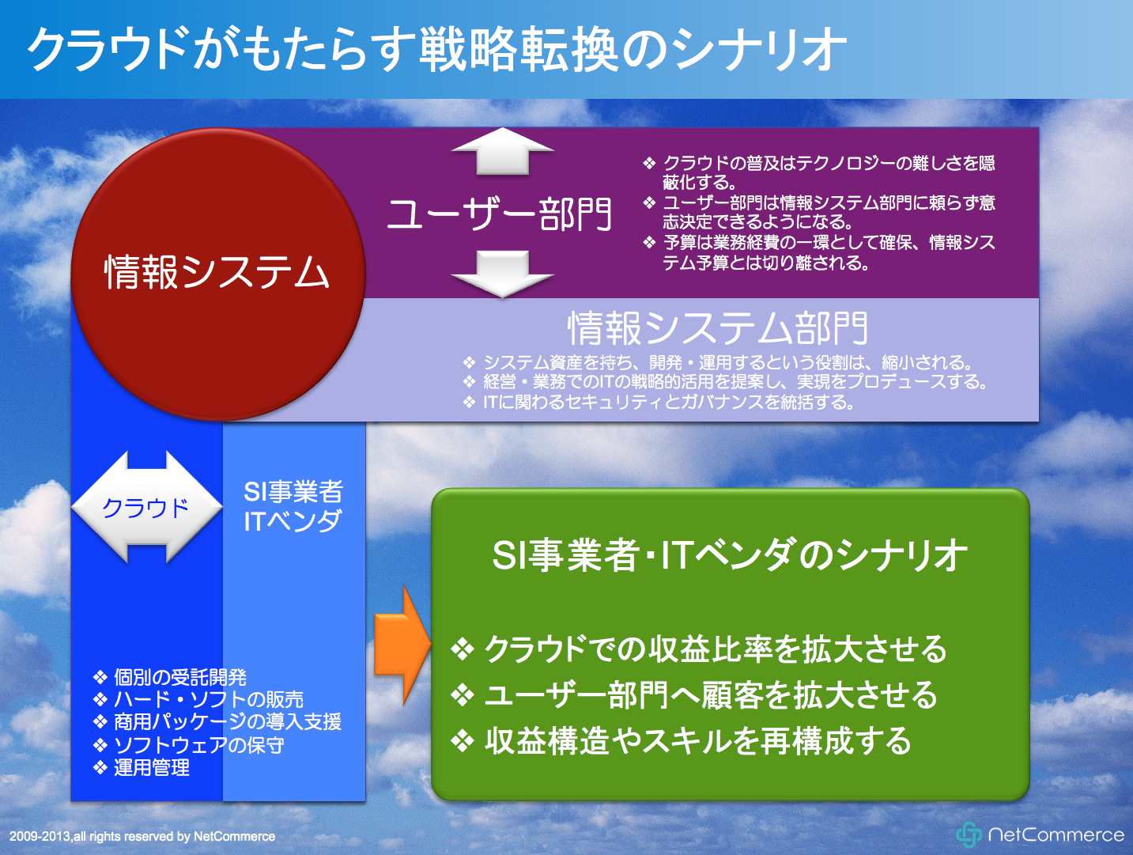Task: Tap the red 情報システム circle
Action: point(218,274)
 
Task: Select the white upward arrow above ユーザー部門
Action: point(502,151)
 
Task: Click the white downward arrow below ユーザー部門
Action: point(502,274)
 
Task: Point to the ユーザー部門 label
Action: point(499,214)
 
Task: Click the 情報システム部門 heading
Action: point(718,328)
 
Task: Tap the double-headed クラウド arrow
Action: point(147,507)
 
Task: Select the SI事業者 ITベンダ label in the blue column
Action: point(293,506)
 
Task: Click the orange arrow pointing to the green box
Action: point(402,645)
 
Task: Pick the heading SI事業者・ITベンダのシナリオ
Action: point(730,555)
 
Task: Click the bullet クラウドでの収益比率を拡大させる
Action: point(699,649)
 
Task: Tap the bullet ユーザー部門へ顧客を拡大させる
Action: point(694,695)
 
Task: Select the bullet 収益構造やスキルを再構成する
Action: point(682,741)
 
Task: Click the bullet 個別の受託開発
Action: point(170,677)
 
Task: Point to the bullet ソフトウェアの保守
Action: point(188,745)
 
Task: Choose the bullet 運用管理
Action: point(141,768)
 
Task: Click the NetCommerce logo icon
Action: point(969,835)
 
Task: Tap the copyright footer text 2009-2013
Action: point(142,837)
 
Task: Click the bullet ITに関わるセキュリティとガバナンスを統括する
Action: point(659,402)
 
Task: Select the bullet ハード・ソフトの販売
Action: point(198,700)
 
